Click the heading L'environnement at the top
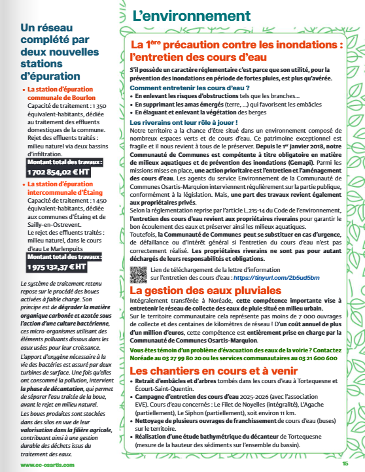pyautogui.click(x=191, y=16)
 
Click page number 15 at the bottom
pyautogui.click(x=345, y=464)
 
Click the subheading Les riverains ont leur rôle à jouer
pyautogui.click(x=183, y=122)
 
